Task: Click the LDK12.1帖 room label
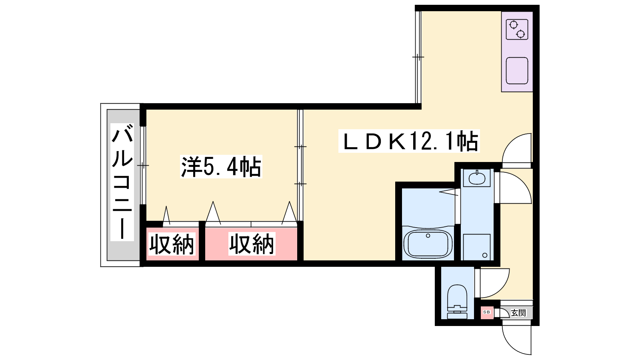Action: pyautogui.click(x=409, y=141)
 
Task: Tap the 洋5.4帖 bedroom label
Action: pyautogui.click(x=221, y=166)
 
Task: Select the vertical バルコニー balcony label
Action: pyautogui.click(x=122, y=182)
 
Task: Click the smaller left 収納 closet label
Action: pyautogui.click(x=172, y=244)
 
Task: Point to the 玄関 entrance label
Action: pyautogui.click(x=518, y=313)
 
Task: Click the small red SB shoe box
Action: pyautogui.click(x=487, y=312)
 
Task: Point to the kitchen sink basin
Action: pyautogui.click(x=517, y=70)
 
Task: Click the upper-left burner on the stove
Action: pyautogui.click(x=514, y=25)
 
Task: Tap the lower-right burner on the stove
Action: pyautogui.click(x=520, y=34)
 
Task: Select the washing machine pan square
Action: pyautogui.click(x=477, y=247)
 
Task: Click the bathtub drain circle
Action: pyautogui.click(x=428, y=236)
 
